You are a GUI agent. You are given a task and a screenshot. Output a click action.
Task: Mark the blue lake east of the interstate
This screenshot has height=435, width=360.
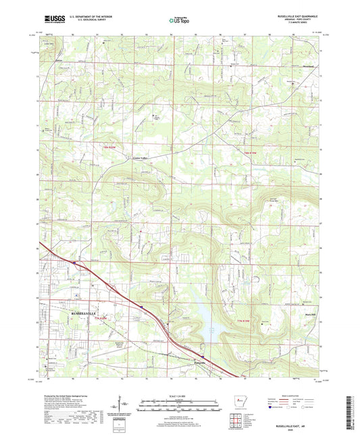[x=206, y=317]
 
